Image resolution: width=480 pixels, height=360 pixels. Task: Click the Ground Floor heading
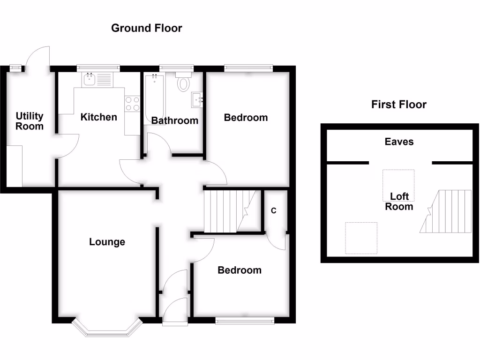pyautogui.click(x=146, y=28)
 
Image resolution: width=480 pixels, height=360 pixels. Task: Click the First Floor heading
pyautogui.click(x=398, y=105)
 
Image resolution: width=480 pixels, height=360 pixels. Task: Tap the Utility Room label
pyautogui.click(x=30, y=121)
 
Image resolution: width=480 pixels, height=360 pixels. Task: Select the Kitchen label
pyautogui.click(x=98, y=117)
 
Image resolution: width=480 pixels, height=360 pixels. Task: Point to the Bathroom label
pyautogui.click(x=175, y=121)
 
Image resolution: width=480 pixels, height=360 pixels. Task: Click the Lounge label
pyautogui.click(x=107, y=242)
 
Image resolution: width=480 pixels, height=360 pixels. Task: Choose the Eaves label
pyautogui.click(x=399, y=142)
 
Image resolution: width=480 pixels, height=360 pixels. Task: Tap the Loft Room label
pyautogui.click(x=399, y=202)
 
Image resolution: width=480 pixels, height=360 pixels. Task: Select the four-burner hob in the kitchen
pyautogui.click(x=132, y=104)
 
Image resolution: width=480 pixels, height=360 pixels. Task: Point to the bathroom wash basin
pyautogui.click(x=197, y=99)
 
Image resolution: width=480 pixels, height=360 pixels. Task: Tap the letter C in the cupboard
pyautogui.click(x=274, y=211)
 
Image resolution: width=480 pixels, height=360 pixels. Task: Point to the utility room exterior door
pyautogui.click(x=37, y=59)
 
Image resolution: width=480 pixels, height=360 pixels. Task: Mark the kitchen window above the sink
pyautogui.click(x=98, y=68)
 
